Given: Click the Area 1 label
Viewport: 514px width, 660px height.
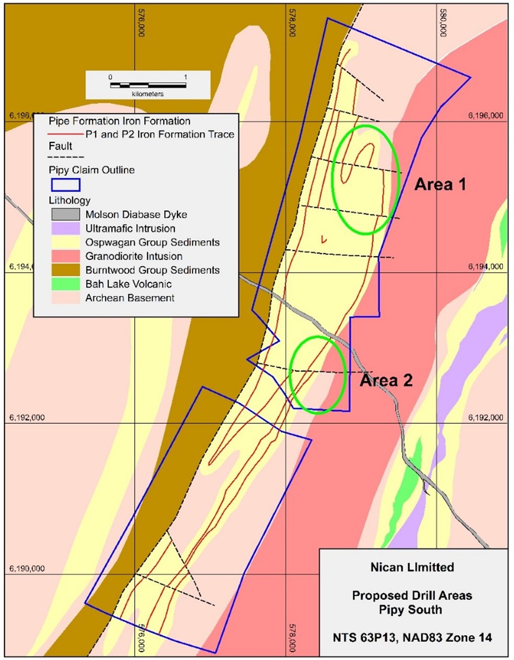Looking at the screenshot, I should pos(440,185).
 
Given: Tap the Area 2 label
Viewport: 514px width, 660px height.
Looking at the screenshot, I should pos(386,380).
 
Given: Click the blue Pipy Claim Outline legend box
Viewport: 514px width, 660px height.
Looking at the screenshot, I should pos(65,185).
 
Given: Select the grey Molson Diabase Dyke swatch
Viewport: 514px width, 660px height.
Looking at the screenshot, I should pos(65,215).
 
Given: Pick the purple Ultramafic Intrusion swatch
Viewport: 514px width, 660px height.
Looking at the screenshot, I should pos(65,228).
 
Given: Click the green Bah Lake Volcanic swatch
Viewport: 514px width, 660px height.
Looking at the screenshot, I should pos(65,284).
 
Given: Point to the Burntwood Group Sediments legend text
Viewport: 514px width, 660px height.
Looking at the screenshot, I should pos(152,270).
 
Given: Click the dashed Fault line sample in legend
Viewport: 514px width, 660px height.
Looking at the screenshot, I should pos(66,157).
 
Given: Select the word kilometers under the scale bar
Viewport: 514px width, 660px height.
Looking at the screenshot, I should pos(147,94).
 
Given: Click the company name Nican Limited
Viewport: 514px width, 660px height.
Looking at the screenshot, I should pos(412,567).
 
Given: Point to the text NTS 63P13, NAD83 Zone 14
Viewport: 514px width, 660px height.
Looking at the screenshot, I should pos(412,638).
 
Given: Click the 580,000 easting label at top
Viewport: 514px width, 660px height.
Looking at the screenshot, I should pos(443,24).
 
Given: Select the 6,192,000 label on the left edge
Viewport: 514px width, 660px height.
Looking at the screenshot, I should pos(27,418).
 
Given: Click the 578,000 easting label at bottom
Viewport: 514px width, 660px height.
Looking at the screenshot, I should pos(292,639).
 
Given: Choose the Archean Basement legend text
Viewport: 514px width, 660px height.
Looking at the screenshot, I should pos(130,298).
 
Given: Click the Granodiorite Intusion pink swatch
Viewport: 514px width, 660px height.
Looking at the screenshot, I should pos(65,256).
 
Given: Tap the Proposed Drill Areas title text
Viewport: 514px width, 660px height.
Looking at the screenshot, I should pos(412,596).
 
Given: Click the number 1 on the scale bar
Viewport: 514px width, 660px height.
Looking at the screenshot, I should pos(185,77).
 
